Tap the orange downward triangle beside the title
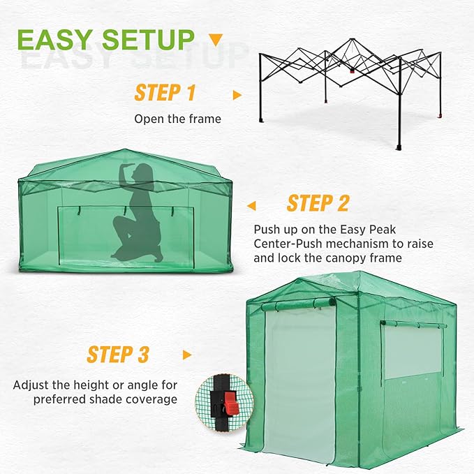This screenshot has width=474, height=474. [216, 39]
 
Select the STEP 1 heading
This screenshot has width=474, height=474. [165, 93]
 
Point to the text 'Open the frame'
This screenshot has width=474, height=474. [177, 119]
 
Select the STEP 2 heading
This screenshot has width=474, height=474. [318, 203]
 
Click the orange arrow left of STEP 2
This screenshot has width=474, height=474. [251, 205]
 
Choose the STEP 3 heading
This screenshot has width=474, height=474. [118, 354]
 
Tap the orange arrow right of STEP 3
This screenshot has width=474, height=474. [186, 355]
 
